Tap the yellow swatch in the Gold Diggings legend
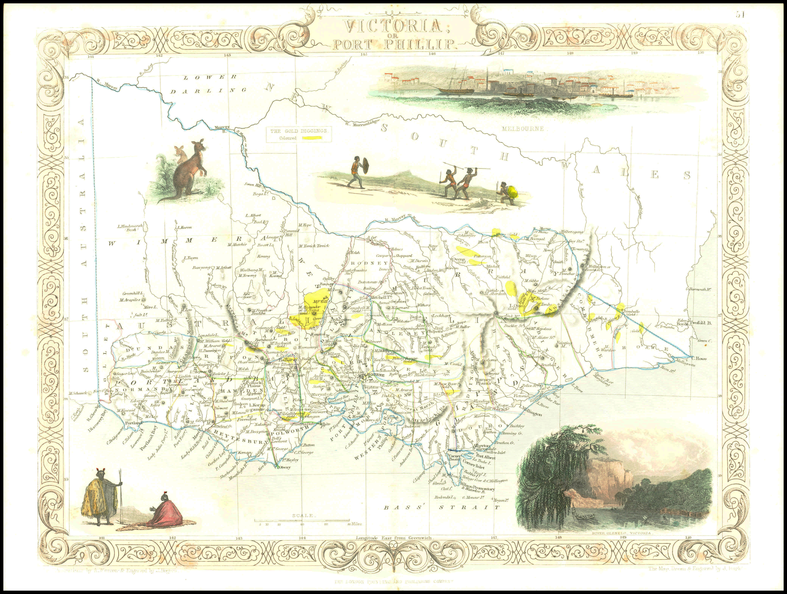click(x=313, y=138)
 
